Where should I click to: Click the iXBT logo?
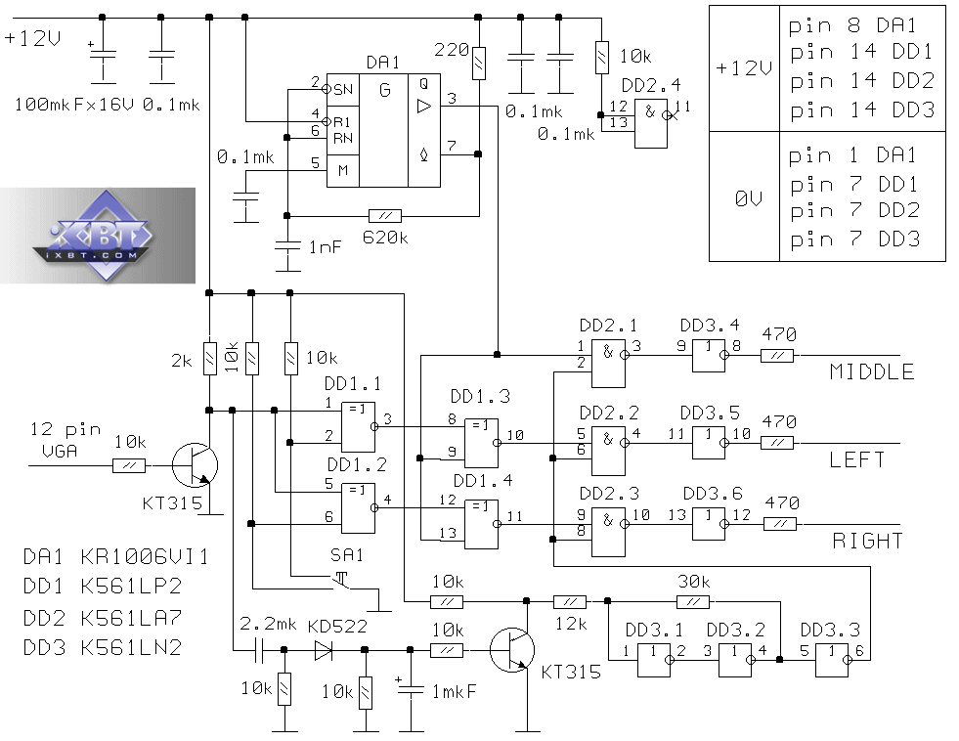98,235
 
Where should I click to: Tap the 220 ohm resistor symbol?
478,63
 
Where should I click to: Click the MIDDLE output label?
872,371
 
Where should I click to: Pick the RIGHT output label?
868,540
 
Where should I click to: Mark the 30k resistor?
693,600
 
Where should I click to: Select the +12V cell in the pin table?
744,68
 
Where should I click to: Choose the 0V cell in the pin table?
744,196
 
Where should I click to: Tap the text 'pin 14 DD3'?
861,109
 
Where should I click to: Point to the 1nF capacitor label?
326,247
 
